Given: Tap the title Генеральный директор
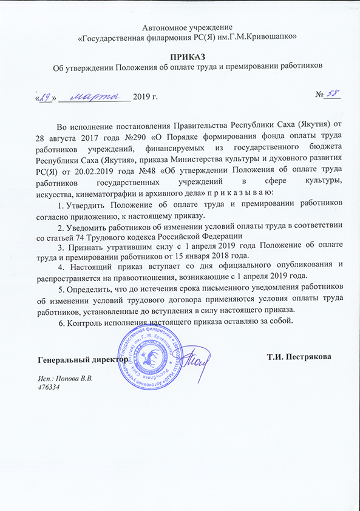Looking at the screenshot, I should pyautogui.click(x=79, y=359).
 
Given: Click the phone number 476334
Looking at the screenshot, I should pyautogui.click(x=49, y=387).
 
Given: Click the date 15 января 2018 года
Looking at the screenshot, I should pyautogui.click(x=216, y=257).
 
